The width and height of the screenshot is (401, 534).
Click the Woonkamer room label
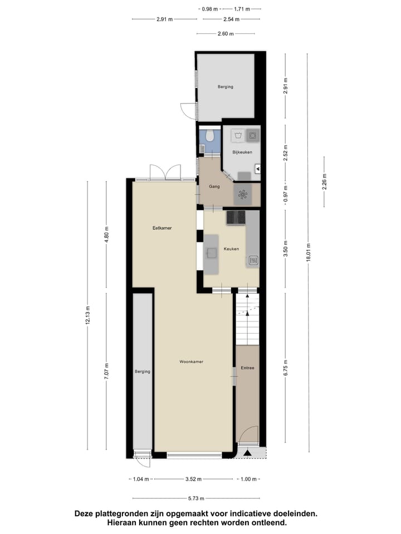tap(191, 362)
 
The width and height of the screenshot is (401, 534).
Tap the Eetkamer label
tap(162, 228)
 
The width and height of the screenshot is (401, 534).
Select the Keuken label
tap(231, 249)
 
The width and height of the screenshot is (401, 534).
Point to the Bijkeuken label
tap(242, 152)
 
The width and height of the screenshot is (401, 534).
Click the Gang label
tap(214, 187)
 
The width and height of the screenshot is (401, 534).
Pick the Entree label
tap(247, 368)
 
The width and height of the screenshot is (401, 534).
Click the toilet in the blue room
tap(209, 136)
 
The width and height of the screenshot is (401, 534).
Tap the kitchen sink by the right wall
tap(253, 259)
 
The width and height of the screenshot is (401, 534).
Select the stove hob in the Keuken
tap(236, 217)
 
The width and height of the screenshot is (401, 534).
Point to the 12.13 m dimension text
tap(87, 317)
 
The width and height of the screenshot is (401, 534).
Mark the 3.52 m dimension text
tap(193, 479)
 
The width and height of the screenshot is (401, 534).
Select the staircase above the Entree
tap(247, 320)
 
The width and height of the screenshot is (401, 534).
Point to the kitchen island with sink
tap(211, 254)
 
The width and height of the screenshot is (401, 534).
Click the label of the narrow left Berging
tap(143, 372)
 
